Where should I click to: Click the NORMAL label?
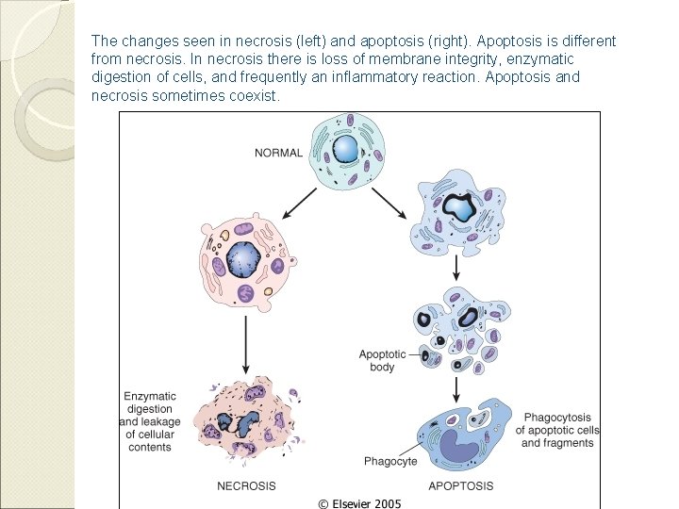278,153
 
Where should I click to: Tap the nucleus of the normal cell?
346,148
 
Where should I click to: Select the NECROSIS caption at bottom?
247,486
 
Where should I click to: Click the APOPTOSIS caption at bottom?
460,486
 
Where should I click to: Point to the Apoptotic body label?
382,361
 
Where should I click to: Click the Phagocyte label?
390,461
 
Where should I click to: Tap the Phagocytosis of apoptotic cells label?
557,430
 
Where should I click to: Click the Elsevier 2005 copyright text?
359,503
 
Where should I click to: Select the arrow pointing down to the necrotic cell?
246,343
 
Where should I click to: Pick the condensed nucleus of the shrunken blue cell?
460,207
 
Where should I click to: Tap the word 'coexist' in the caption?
253,96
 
